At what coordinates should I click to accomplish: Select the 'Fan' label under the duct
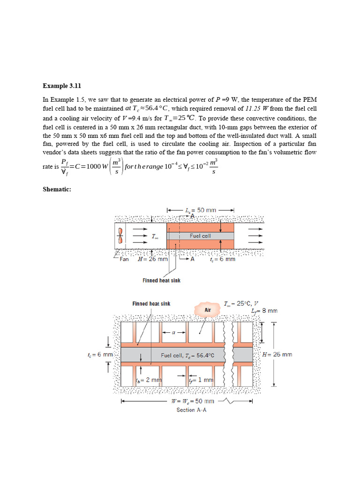pyautogui.click(x=124, y=259)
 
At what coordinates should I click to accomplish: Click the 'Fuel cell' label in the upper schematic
pyautogui.click(x=200, y=236)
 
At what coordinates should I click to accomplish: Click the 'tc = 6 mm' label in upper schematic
pyautogui.click(x=222, y=259)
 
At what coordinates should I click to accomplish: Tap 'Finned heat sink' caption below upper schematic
pyautogui.click(x=161, y=280)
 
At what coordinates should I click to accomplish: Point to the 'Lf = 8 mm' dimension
pyautogui.click(x=264, y=310)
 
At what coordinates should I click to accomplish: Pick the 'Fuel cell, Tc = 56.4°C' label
pyautogui.click(x=187, y=355)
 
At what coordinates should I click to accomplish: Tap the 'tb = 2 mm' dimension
pyautogui.click(x=149, y=380)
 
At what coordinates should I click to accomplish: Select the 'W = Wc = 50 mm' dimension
pyautogui.click(x=193, y=401)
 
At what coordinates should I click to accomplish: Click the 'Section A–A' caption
pyautogui.click(x=192, y=410)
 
